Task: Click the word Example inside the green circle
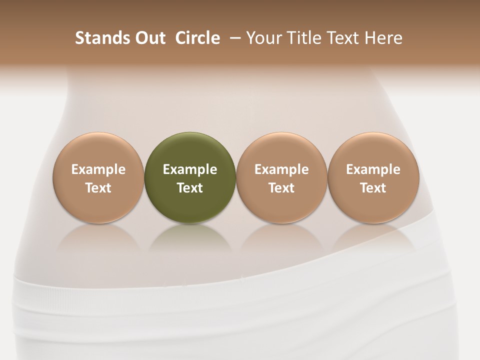point(190,169)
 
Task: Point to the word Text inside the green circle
point(190,188)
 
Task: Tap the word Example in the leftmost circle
point(98,169)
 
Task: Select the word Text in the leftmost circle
point(98,188)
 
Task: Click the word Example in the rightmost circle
point(373,169)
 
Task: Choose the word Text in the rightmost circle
point(373,188)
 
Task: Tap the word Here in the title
point(383,38)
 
